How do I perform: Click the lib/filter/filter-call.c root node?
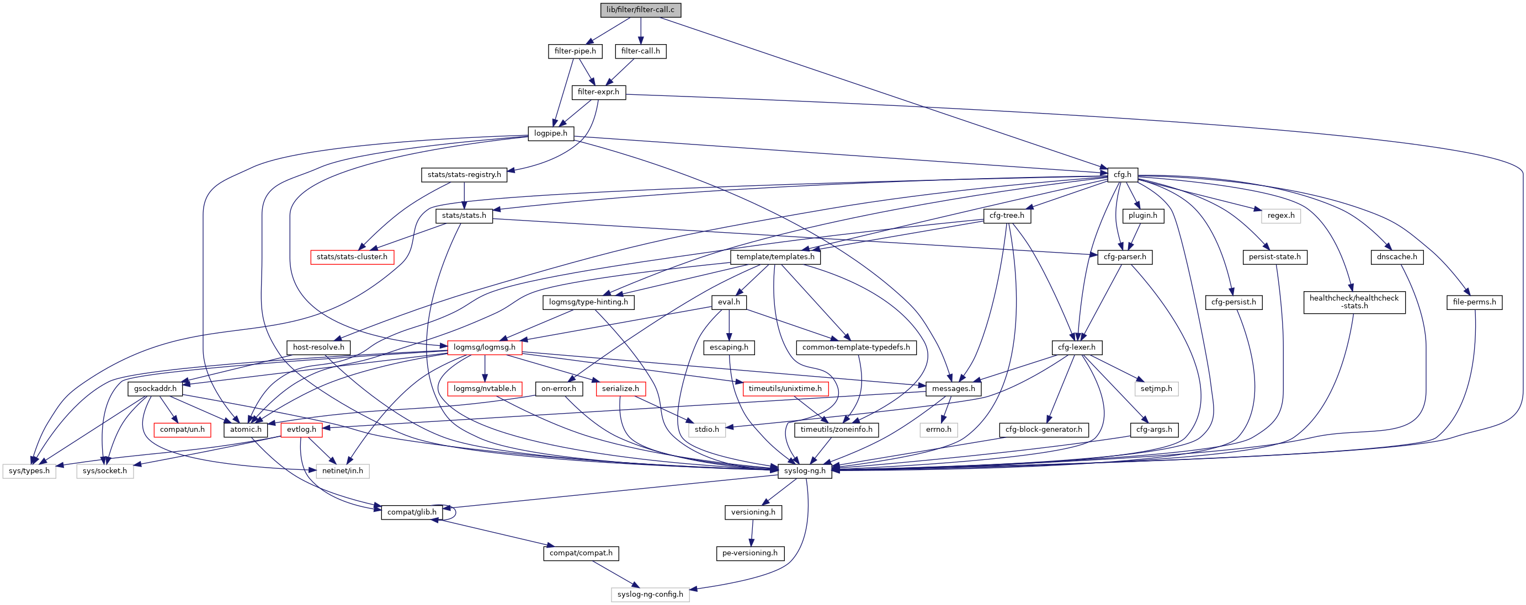click(640, 10)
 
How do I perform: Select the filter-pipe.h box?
click(575, 51)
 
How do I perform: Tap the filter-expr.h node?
click(598, 92)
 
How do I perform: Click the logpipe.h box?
click(550, 133)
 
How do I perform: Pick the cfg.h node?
click(1122, 175)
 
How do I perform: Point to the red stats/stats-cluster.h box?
click(352, 257)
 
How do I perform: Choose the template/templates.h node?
click(775, 257)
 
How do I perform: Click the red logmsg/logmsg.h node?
click(485, 347)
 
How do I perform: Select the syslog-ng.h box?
click(805, 471)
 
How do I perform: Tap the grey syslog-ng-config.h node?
click(650, 595)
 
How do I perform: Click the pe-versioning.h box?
click(750, 553)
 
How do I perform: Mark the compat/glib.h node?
click(412, 512)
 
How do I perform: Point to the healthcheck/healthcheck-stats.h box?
click(1354, 302)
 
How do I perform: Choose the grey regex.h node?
click(1281, 216)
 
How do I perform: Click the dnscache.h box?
click(1396, 257)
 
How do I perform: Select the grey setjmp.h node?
click(1156, 389)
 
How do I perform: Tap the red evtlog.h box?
click(301, 430)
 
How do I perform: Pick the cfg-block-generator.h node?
click(1043, 430)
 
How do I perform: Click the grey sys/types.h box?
click(29, 471)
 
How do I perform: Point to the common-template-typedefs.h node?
click(855, 347)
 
